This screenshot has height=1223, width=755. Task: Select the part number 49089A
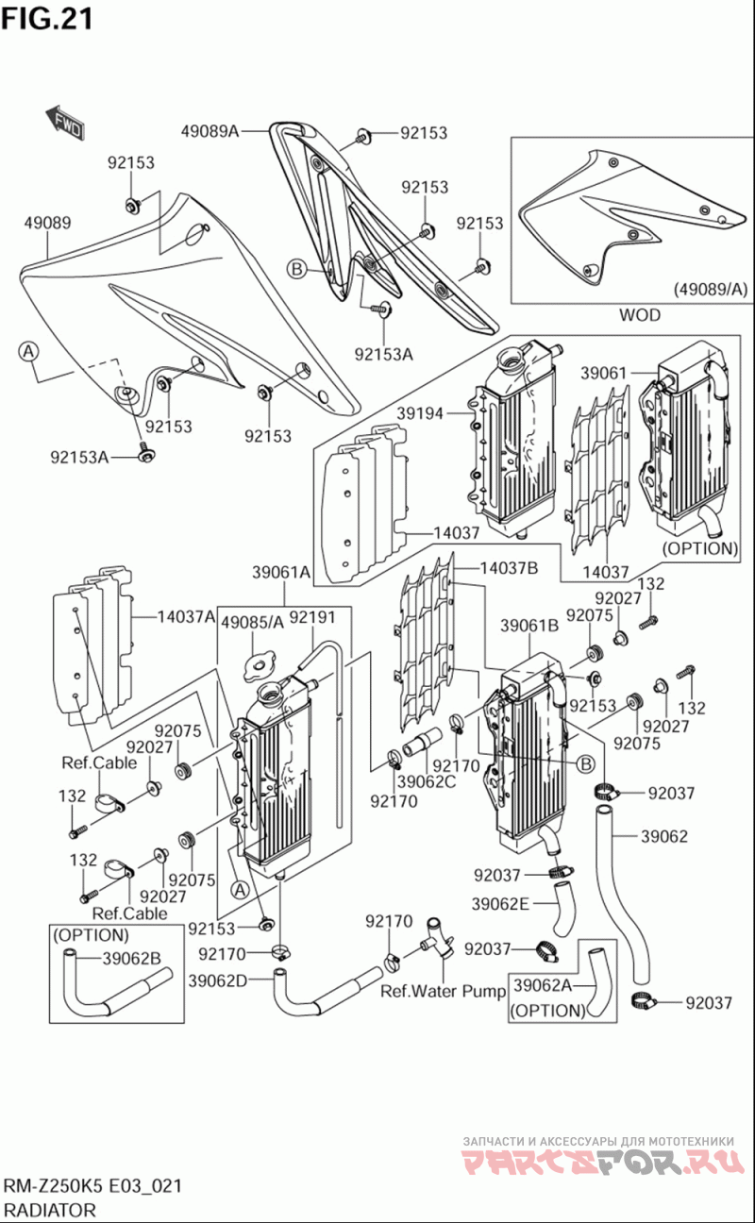pos(209,132)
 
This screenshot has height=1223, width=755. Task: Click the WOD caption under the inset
pos(639,314)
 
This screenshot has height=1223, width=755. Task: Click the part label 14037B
pos(509,568)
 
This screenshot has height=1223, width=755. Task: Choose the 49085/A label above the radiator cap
pos(252,622)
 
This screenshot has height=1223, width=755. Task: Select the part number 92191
pos(312,618)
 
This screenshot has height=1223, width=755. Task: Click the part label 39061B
pos(529,625)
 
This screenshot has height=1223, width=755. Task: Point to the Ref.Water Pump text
pos(444,992)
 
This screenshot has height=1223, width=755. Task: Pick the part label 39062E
pos(500,903)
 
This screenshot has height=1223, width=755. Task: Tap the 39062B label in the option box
pos(132,960)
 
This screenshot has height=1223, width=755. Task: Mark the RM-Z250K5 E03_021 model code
pos(92,1186)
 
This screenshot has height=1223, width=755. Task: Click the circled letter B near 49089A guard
pos(296,270)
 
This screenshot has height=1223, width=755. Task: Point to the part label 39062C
pos(426,780)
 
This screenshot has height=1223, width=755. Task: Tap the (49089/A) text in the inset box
pos(710,290)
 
